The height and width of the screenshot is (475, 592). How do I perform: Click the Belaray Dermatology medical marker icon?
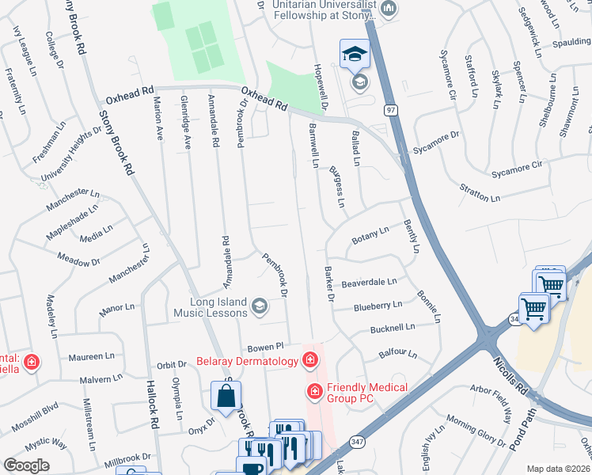[x=309, y=361]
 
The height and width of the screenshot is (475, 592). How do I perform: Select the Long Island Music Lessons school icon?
[x=259, y=306]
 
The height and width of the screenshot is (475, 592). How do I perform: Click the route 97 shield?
[x=390, y=108]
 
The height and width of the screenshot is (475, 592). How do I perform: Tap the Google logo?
[x=27, y=465]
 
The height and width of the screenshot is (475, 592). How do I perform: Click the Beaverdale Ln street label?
[x=369, y=283]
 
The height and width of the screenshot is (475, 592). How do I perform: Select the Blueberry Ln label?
[x=378, y=305]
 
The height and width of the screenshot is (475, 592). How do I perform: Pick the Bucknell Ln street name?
[x=391, y=327]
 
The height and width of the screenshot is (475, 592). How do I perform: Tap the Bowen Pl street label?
[x=264, y=347]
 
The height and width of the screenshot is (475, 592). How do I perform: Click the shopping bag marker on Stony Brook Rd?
[x=226, y=396]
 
